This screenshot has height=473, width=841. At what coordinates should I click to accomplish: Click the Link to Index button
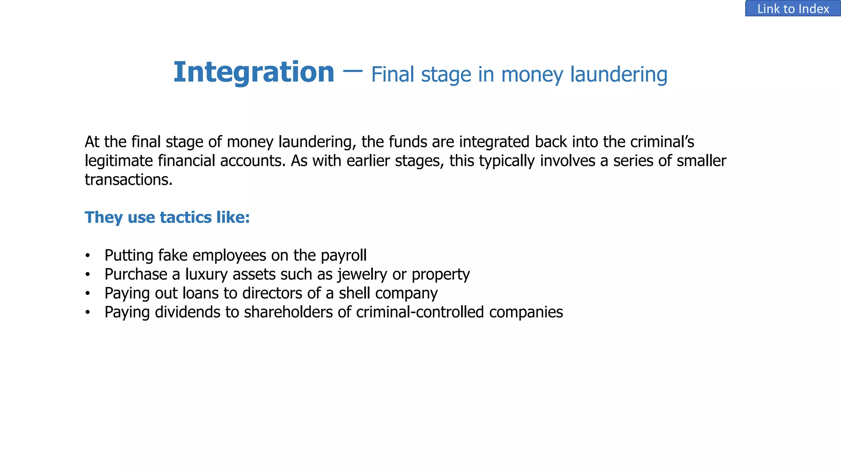click(793, 9)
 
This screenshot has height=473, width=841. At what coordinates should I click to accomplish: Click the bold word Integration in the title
click(254, 72)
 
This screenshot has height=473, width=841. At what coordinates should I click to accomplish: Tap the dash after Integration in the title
click(352, 71)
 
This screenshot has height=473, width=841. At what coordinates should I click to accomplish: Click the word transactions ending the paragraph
click(128, 180)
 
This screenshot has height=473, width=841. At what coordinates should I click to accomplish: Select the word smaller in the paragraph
click(701, 161)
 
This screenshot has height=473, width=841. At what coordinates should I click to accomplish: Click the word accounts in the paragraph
click(252, 161)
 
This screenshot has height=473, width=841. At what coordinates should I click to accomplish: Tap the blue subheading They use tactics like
click(167, 217)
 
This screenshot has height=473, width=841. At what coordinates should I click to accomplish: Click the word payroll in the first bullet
click(344, 256)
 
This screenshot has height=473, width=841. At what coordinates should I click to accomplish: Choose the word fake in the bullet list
click(172, 255)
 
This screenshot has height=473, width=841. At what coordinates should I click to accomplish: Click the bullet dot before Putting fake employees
click(87, 256)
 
